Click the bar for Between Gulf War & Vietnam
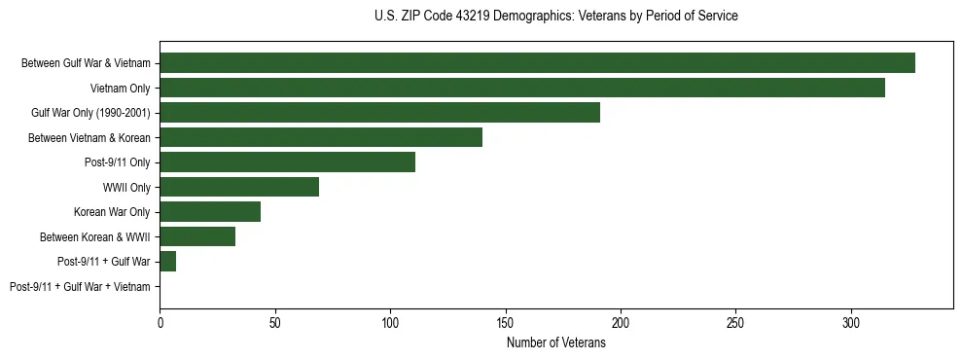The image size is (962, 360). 537,63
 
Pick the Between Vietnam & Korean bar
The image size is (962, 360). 321,137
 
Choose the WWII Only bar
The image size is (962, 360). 239,187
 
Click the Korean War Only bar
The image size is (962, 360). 210,211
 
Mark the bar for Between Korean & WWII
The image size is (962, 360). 197,236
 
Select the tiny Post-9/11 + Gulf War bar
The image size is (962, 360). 167,261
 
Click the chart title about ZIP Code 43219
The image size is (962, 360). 555,17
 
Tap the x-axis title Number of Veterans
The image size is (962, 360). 555,342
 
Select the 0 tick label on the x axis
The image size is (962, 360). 160,322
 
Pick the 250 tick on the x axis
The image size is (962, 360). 735,322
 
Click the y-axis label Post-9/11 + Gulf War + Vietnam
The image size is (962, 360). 80,286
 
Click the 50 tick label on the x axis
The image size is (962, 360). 275,322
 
